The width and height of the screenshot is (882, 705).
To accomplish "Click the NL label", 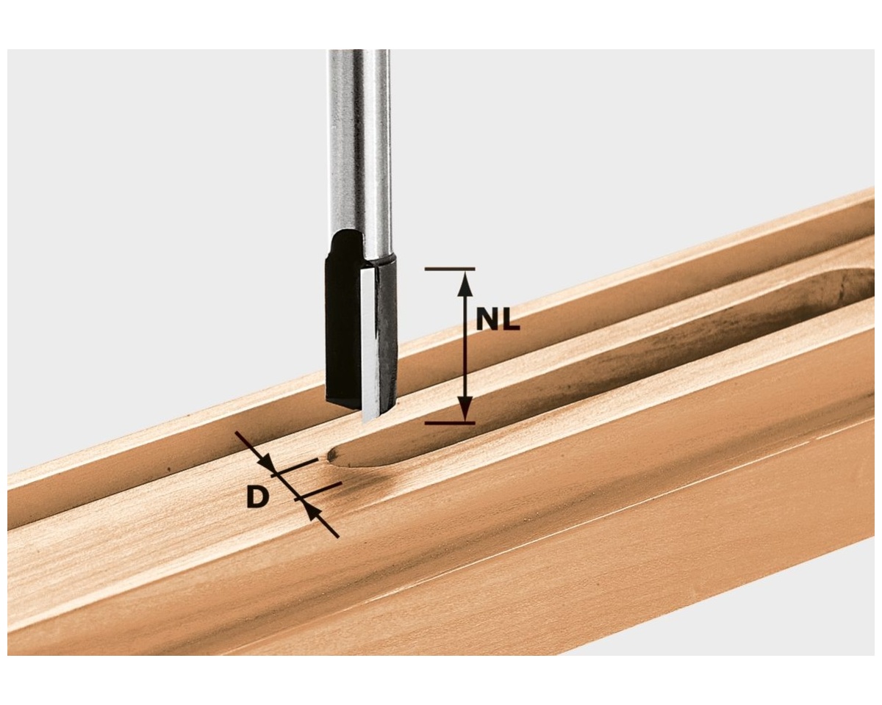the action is coord(498,322).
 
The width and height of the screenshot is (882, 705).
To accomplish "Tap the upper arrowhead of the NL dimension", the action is coord(465,285).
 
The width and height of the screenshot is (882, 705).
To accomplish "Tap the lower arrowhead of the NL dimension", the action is coord(465,408).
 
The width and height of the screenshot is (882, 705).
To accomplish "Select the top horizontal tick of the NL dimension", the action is coord(450,269).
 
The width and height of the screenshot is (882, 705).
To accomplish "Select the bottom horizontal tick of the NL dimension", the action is coord(450,422).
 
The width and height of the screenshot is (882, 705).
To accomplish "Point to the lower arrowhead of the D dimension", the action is coord(312,512).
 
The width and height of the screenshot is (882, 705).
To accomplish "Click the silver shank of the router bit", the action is coord(358,148).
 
